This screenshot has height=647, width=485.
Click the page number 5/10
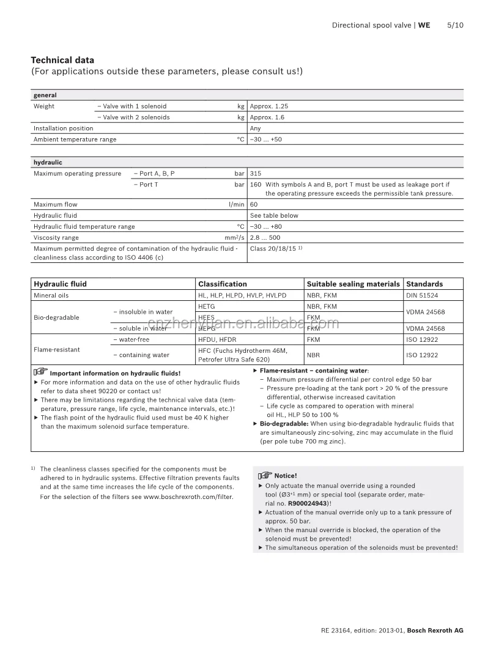point(455,25)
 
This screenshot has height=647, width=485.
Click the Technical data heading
point(62,60)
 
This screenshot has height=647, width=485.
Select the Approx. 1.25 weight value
point(268,106)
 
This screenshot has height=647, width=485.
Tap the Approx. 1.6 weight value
point(267,117)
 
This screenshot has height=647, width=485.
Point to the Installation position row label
point(63,128)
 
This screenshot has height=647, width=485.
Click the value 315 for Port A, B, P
point(255,174)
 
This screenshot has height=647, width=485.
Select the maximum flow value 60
point(254,204)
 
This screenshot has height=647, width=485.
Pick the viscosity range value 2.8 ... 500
point(265,237)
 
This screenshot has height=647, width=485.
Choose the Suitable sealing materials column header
point(353,284)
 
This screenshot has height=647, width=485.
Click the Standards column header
point(424,284)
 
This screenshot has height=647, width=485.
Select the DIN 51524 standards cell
point(422,295)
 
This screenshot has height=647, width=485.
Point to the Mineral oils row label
point(51,295)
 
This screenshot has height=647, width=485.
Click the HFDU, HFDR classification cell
point(217,339)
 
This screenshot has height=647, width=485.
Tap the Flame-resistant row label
point(56,350)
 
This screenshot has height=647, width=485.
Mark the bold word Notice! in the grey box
point(286,476)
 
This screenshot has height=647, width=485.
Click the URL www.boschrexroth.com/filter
point(188,497)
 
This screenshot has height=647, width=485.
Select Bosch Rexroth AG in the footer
point(435,630)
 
